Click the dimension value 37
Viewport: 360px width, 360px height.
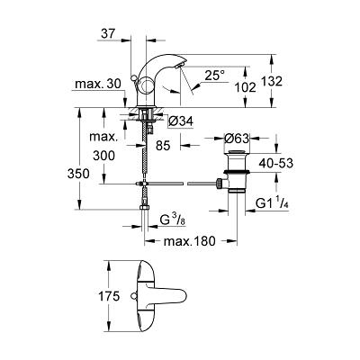point(108,33)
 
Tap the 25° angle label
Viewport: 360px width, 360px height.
point(215,75)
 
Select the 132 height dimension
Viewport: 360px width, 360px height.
point(272,81)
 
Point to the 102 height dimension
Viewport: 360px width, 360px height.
point(246,87)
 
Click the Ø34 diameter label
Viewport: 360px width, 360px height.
point(181,121)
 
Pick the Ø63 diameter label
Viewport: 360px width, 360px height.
point(237,139)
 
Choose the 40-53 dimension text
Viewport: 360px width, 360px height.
point(275,164)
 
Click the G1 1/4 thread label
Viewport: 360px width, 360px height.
point(273,203)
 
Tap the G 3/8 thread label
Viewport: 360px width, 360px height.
point(173,220)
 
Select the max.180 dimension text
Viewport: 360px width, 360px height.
point(190,241)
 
